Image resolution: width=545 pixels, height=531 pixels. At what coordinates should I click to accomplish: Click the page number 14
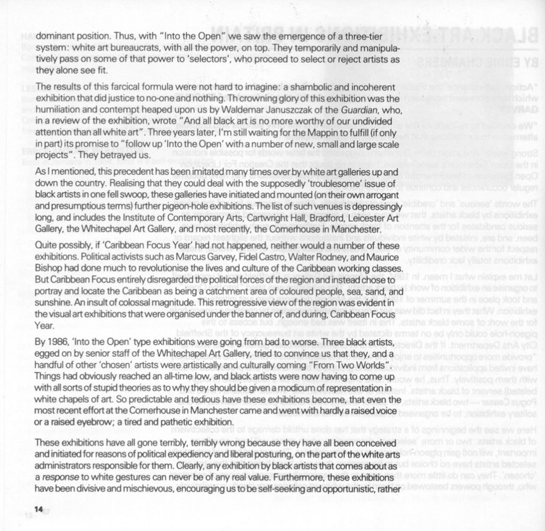tap(38, 509)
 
